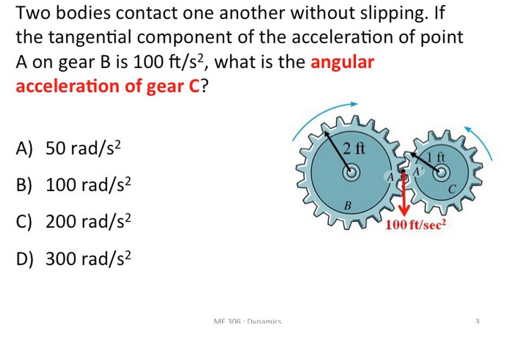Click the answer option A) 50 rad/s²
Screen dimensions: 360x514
click(x=71, y=147)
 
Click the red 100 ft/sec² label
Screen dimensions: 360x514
click(x=416, y=225)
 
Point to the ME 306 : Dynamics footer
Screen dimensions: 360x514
click(x=247, y=321)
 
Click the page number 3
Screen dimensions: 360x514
click(x=477, y=321)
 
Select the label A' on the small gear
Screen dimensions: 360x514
click(x=418, y=172)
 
